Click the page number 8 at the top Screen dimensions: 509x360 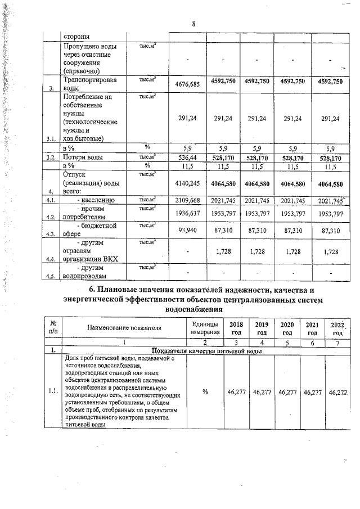click(x=193, y=24)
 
